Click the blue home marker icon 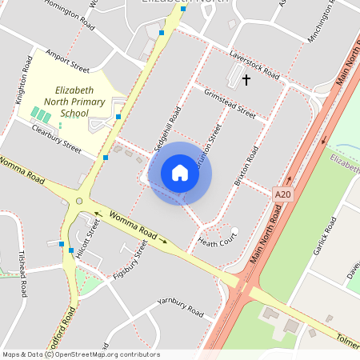tap(180, 173)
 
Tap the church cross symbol tap(246, 80)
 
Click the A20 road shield tap(282, 194)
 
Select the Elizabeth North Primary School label tap(79, 102)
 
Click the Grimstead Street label tap(230, 104)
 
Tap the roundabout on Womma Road tap(78, 201)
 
